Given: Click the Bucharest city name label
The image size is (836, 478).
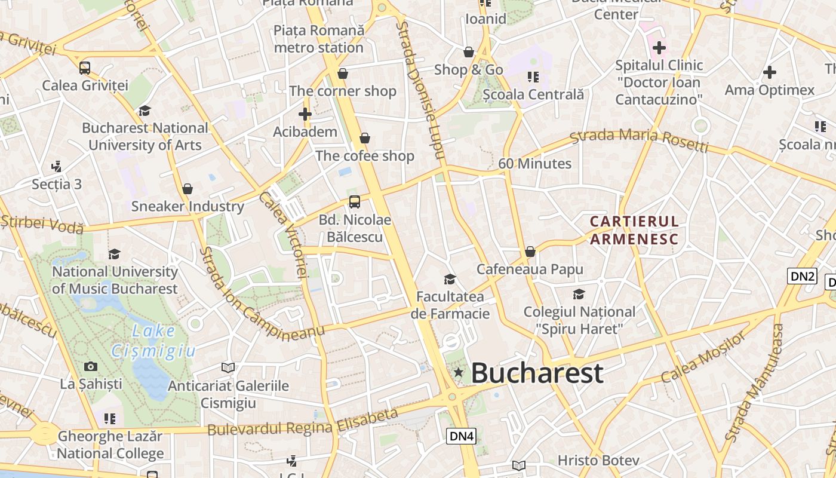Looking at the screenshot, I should pyautogui.click(x=537, y=373).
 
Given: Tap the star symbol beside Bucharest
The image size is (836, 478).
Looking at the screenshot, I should pyautogui.click(x=459, y=372).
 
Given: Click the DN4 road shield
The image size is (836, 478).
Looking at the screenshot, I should pyautogui.click(x=462, y=436).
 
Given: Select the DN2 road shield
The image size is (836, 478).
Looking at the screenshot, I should pyautogui.click(x=802, y=275).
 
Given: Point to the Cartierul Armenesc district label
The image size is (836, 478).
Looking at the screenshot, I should pyautogui.click(x=634, y=231).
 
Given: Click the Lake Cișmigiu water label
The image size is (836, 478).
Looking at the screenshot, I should pyautogui.click(x=154, y=341).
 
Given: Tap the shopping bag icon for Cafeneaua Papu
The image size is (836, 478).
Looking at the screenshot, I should pyautogui.click(x=530, y=252).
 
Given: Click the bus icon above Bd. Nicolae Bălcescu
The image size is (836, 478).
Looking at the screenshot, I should pyautogui.click(x=355, y=202).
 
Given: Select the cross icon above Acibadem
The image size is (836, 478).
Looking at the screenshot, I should pyautogui.click(x=305, y=114).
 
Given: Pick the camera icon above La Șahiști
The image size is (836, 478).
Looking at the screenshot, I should pyautogui.click(x=91, y=366).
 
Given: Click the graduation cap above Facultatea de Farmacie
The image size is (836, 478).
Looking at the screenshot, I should pyautogui.click(x=450, y=279).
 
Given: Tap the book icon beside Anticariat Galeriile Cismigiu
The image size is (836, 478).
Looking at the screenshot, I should pyautogui.click(x=228, y=367).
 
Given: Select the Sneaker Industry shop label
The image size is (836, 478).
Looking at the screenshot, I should pyautogui.click(x=188, y=207).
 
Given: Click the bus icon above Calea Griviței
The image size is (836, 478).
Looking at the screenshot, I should pyautogui.click(x=85, y=68).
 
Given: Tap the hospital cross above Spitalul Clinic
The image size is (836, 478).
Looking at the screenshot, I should pyautogui.click(x=659, y=47).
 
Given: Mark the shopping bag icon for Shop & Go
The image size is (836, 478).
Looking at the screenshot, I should pyautogui.click(x=469, y=53).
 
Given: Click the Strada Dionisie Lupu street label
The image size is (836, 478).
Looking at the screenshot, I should pyautogui.click(x=421, y=90).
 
